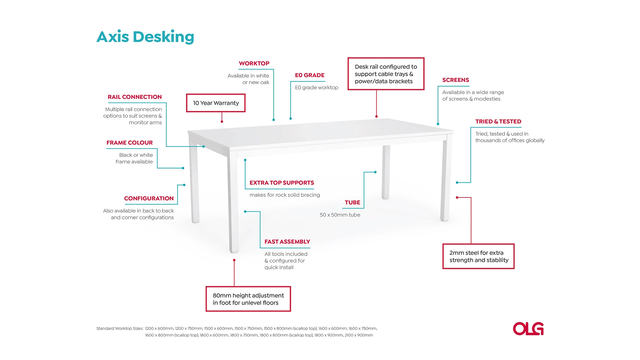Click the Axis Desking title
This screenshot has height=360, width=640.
145,37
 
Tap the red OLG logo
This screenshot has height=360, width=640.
528,329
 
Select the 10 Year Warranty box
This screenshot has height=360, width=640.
216,103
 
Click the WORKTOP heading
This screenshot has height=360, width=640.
254,63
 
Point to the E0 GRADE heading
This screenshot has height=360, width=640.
310,75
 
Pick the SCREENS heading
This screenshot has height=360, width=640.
456,80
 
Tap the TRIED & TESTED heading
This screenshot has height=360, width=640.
498,122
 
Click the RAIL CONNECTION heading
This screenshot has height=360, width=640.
135,97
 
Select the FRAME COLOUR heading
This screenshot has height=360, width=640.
130,143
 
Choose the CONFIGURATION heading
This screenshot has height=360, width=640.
149,198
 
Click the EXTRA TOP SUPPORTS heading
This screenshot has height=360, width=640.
282,183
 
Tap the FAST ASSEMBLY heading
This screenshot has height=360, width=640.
287,242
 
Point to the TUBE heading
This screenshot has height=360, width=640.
352,202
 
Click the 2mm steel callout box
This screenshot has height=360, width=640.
478,256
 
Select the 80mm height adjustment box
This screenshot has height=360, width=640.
248,299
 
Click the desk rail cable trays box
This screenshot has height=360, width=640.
386,74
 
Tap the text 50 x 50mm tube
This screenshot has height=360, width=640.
340,215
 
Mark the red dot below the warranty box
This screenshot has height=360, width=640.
222,122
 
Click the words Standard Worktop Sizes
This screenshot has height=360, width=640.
120,328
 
